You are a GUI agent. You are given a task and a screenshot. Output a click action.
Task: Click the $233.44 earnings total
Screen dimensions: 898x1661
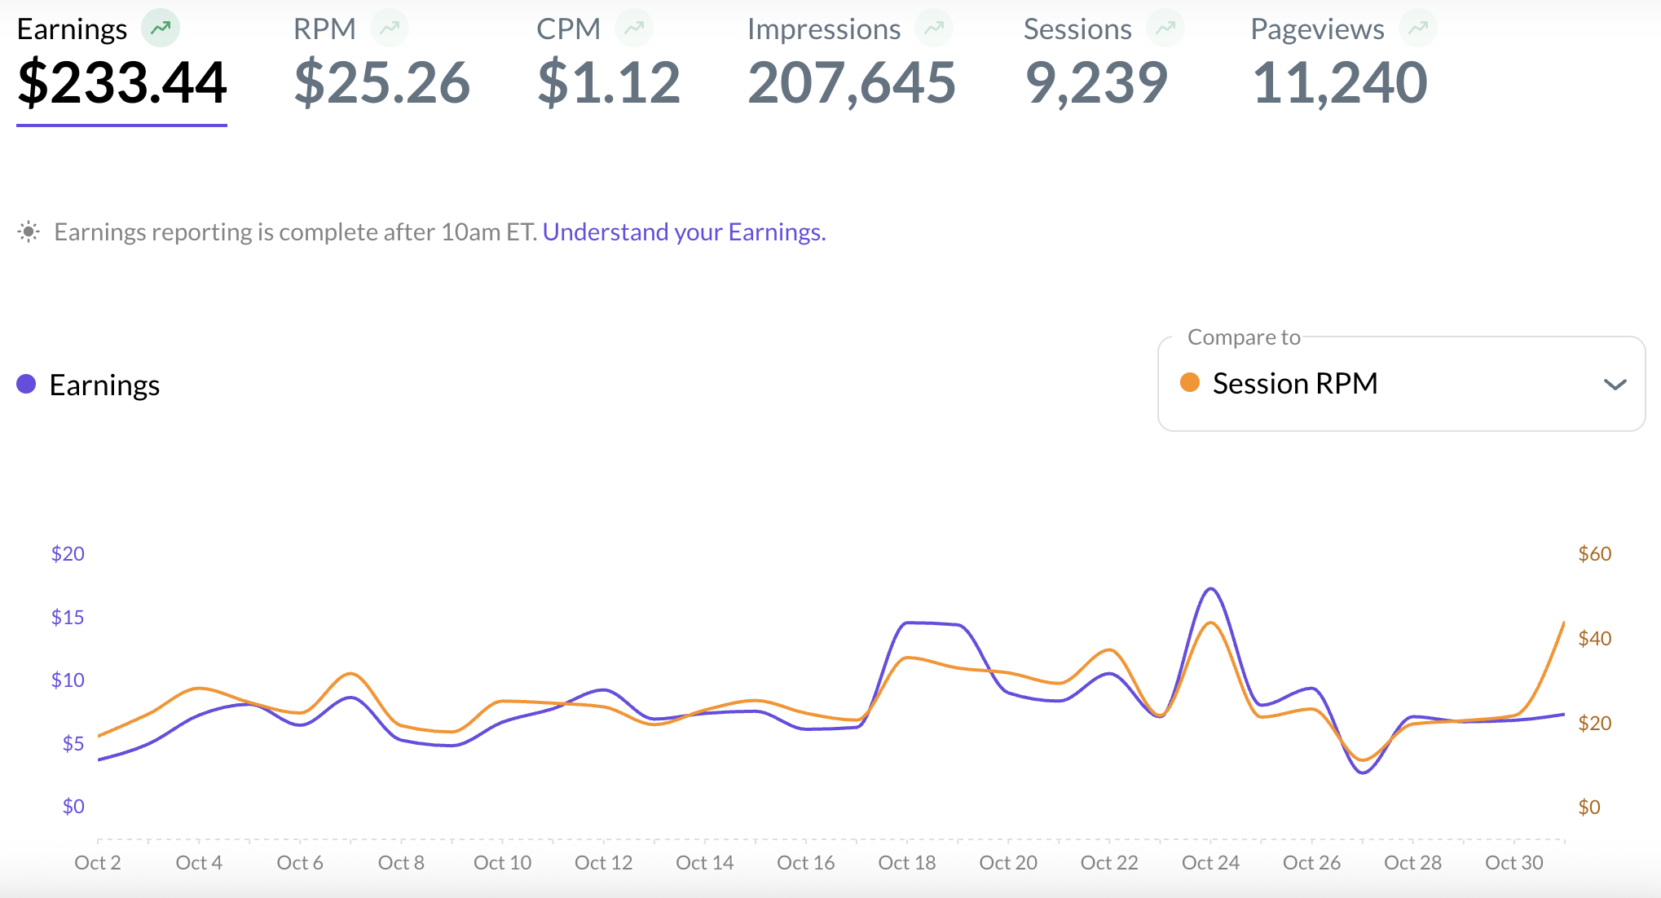(122, 83)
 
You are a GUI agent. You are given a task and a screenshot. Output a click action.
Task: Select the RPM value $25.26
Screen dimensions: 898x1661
(382, 83)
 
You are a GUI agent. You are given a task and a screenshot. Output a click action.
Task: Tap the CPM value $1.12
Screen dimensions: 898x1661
(609, 83)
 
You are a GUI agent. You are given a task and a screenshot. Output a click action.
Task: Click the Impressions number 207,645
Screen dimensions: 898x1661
(852, 83)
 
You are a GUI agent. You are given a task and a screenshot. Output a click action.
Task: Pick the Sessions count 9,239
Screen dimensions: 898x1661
(1096, 83)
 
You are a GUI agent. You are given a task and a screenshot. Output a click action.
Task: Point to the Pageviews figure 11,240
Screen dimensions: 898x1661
(1340, 83)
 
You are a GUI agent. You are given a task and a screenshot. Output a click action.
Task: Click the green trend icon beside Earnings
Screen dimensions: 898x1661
(161, 28)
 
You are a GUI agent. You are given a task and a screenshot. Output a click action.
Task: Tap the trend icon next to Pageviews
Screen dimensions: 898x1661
(1418, 28)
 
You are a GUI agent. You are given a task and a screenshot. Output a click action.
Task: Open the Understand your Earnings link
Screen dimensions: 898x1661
(684, 232)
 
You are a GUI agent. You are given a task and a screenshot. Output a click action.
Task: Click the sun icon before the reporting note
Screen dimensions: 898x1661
(29, 232)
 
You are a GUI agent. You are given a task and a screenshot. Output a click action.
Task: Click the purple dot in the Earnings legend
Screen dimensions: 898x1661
(26, 385)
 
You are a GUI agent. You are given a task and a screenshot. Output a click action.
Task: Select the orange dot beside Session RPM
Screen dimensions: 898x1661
(1190, 382)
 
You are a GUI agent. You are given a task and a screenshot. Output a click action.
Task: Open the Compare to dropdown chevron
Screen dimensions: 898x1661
(1615, 384)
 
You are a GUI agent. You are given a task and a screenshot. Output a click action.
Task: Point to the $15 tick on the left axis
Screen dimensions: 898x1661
(68, 617)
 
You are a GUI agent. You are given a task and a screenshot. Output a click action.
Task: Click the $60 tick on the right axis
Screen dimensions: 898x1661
(1594, 554)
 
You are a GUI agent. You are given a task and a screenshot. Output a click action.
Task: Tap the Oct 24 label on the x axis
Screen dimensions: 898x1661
(1210, 862)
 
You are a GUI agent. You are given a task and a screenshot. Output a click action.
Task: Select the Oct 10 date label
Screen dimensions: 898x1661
(502, 862)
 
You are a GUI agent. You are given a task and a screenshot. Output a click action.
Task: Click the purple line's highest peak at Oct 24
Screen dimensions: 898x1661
(1211, 588)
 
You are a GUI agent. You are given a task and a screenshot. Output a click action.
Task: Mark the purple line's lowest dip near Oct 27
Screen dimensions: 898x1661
(1364, 773)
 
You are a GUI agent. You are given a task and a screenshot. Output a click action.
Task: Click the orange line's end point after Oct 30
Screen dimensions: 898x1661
(1563, 623)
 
